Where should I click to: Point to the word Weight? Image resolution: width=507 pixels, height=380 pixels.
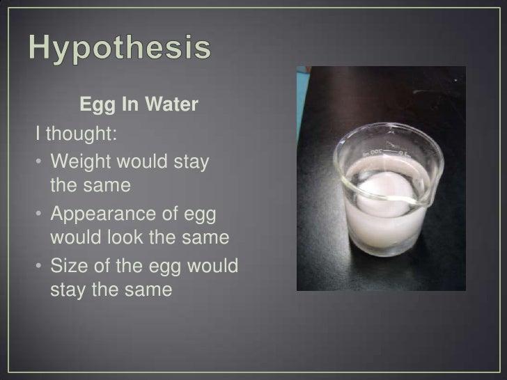point(86,162)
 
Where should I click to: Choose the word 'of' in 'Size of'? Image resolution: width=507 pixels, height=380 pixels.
point(104,266)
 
